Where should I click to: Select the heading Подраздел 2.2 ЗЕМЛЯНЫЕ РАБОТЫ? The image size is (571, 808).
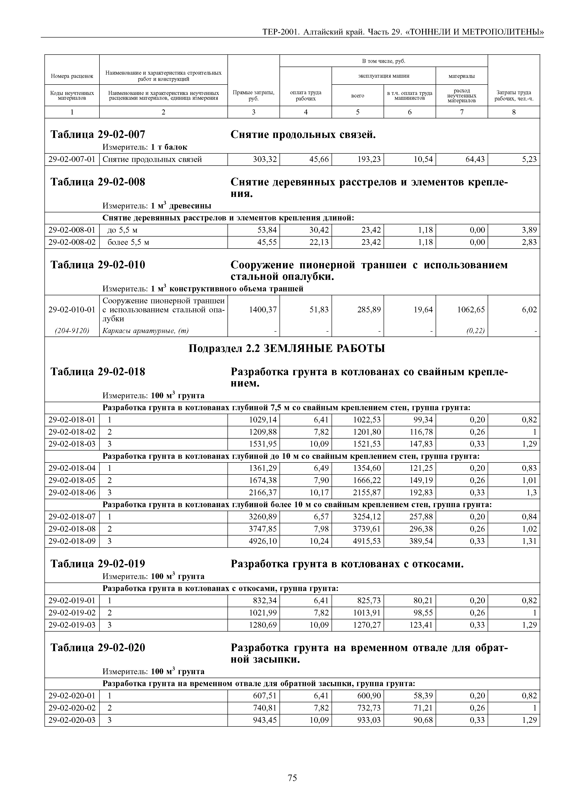point(287,348)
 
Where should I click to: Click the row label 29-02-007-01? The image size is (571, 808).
point(72,159)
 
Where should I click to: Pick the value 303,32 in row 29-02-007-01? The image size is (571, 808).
point(265,159)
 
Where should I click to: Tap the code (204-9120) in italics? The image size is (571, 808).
point(72,331)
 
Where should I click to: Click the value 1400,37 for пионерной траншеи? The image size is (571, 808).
point(262,310)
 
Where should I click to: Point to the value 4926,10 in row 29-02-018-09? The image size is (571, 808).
point(262,541)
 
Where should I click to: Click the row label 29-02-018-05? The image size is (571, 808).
point(72,480)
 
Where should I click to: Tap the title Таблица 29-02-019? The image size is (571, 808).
point(98,564)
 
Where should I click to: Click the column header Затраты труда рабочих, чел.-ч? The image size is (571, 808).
point(514,95)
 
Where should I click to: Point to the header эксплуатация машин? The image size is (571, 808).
point(384,76)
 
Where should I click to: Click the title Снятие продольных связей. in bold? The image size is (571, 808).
point(303,135)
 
